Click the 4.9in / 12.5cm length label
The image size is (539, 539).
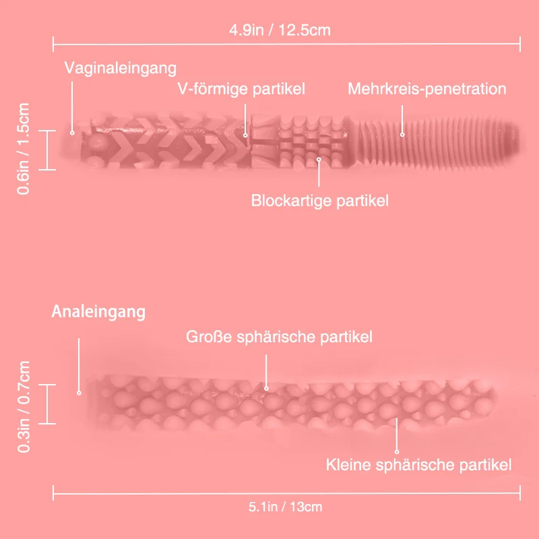point(280,30)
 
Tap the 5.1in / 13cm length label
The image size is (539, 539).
point(285,507)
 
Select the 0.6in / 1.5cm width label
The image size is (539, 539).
point(24,149)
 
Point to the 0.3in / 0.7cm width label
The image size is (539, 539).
point(24,407)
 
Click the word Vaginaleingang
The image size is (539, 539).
point(121,68)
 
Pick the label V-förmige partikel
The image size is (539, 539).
point(241,89)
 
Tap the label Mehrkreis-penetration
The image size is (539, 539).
point(427,89)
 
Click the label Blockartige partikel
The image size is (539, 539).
point(319,200)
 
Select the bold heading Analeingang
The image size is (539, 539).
point(98,312)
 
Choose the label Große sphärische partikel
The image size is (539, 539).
point(279,336)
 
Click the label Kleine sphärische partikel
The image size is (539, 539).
point(418,465)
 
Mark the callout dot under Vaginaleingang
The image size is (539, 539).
point(72,133)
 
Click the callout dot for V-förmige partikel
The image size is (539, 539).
point(245,135)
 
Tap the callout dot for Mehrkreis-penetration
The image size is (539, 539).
point(402,135)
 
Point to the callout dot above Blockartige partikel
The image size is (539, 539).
point(319,160)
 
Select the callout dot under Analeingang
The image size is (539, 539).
point(79,393)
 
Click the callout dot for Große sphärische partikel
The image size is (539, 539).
point(266,389)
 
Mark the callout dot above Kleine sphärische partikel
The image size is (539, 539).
point(397,451)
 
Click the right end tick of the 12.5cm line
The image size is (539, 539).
point(520,44)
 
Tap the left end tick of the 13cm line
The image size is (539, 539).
point(53,493)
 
